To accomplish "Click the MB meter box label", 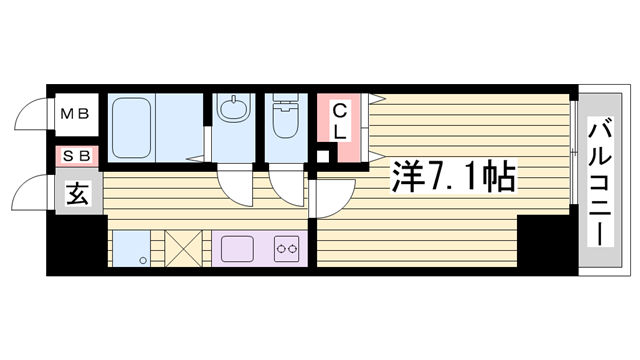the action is click(75, 113).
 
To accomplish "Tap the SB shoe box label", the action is click(76, 156).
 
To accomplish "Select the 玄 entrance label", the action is click(78, 193).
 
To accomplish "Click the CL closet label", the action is click(340, 122).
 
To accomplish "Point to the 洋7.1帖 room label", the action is click(453, 177).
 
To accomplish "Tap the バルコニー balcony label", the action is click(600, 182).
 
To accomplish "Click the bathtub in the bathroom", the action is click(131, 127).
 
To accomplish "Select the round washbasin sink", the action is click(233, 109).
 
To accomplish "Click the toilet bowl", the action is click(286, 118).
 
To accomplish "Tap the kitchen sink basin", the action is click(237, 249).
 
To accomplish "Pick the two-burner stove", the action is click(286, 249).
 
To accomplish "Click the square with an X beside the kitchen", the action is click(183, 249).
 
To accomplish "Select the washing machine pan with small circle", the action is click(131, 249).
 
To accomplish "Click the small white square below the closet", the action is click(324, 156).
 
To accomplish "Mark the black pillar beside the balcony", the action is click(547, 240).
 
